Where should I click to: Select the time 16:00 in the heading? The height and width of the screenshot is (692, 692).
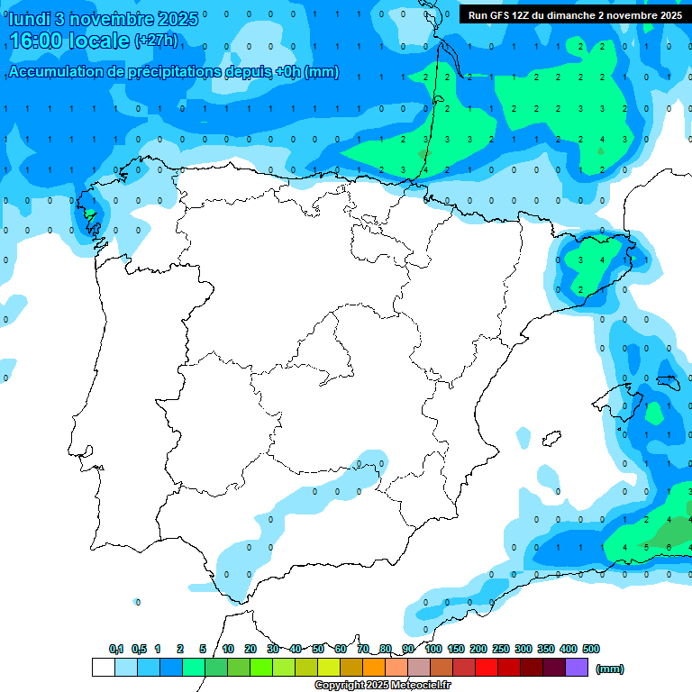tap(39, 41)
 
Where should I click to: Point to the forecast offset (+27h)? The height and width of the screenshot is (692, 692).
tap(156, 41)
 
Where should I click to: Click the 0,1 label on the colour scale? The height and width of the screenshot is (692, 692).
tap(116, 649)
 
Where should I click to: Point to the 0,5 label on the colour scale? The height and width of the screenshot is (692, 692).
tap(139, 649)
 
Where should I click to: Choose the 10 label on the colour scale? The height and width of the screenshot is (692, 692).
tap(228, 649)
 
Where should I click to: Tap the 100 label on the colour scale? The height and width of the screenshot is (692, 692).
tap(432, 649)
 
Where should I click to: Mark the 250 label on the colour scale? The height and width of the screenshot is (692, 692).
tap(501, 649)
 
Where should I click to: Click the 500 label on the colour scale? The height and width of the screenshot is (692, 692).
tap(591, 649)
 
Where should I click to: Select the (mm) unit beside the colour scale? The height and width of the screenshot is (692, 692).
tap(610, 669)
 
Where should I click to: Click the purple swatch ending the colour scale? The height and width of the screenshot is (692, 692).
tap(577, 667)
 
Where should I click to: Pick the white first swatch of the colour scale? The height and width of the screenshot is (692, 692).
tap(104, 667)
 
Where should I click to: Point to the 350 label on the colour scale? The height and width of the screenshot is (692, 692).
tap(546, 649)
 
